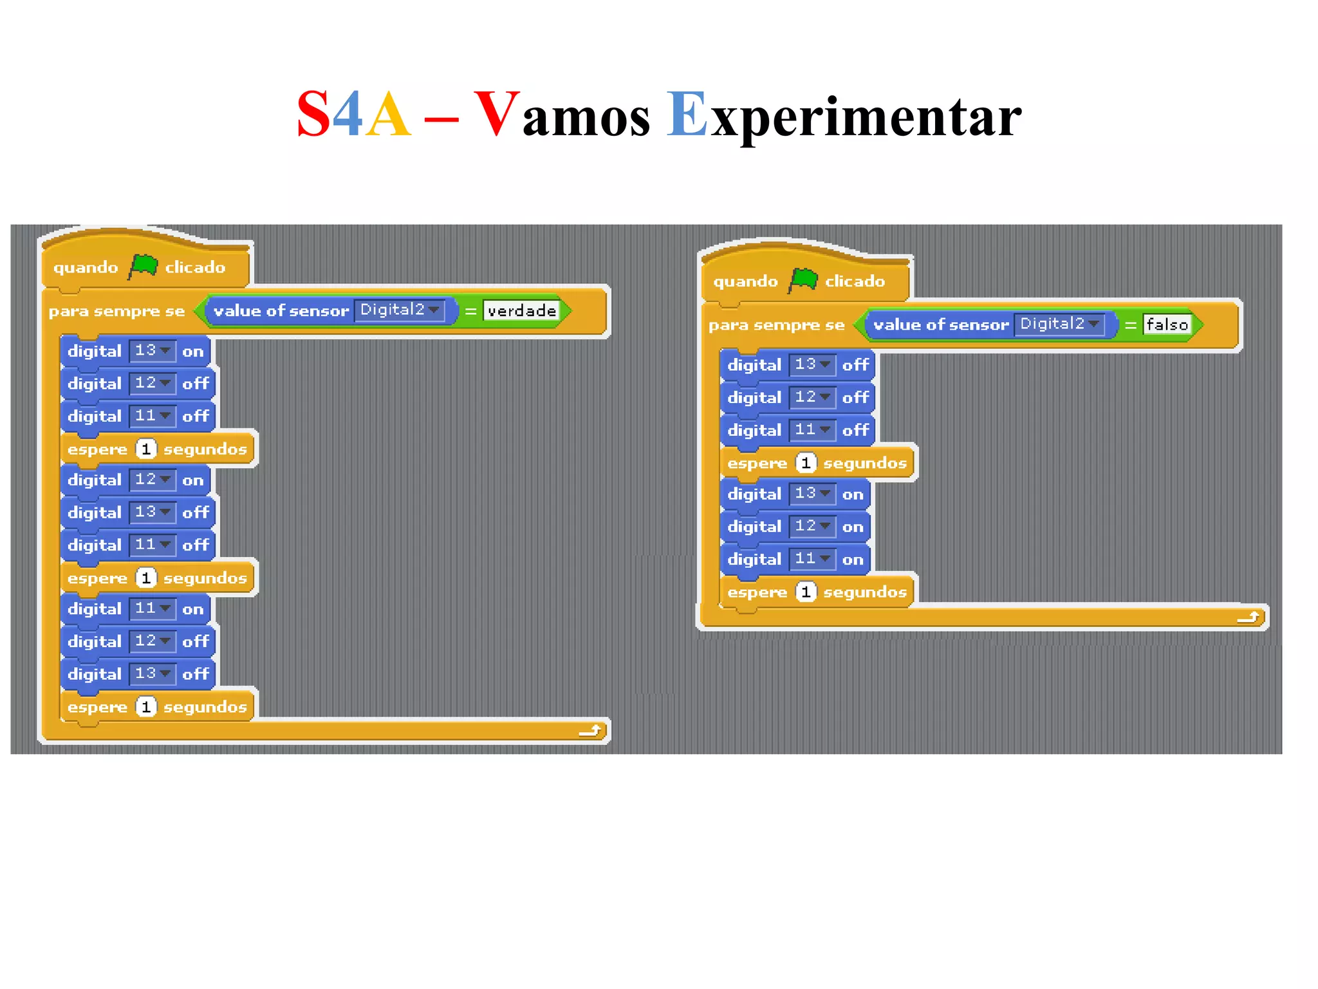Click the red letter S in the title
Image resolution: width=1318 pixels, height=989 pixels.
coord(313,115)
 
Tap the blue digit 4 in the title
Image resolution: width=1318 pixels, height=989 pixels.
coord(348,115)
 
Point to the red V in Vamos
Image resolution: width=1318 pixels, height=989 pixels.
coord(496,115)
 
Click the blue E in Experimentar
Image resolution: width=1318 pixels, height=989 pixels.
coord(687,115)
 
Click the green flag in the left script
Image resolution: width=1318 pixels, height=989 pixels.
coord(143,265)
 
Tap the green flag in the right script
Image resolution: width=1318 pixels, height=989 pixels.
coord(803,279)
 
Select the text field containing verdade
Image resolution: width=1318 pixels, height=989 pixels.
coord(521,311)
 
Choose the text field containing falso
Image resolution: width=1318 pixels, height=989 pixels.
coord(1167,325)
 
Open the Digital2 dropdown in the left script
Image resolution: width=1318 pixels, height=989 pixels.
coord(400,310)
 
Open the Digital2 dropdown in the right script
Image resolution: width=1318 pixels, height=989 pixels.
coord(1059,324)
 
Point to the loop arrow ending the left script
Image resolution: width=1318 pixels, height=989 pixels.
coord(590,730)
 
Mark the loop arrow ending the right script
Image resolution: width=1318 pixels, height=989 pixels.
coord(1248,617)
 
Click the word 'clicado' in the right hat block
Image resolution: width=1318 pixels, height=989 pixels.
coord(855,281)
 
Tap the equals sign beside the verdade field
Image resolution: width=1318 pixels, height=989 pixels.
coord(470,312)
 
